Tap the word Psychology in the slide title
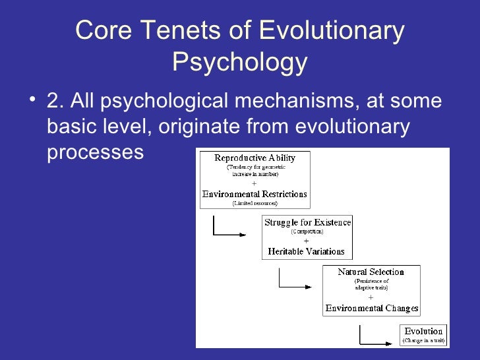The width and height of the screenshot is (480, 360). [x=239, y=63]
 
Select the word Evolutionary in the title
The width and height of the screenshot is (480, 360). [x=330, y=30]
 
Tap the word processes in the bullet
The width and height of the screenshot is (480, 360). [x=95, y=152]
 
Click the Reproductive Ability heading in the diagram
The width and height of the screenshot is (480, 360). [x=255, y=158]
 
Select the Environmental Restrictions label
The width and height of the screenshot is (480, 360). [x=255, y=194]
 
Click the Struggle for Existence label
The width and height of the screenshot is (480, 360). [x=307, y=222]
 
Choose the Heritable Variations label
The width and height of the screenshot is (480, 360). [x=306, y=251]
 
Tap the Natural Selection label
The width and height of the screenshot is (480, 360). [x=371, y=272]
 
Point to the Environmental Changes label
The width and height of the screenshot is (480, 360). [x=372, y=308]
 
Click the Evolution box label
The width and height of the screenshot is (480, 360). [x=424, y=331]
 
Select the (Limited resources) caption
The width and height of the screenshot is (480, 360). [x=255, y=203]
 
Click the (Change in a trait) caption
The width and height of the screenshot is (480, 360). [x=424, y=341]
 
